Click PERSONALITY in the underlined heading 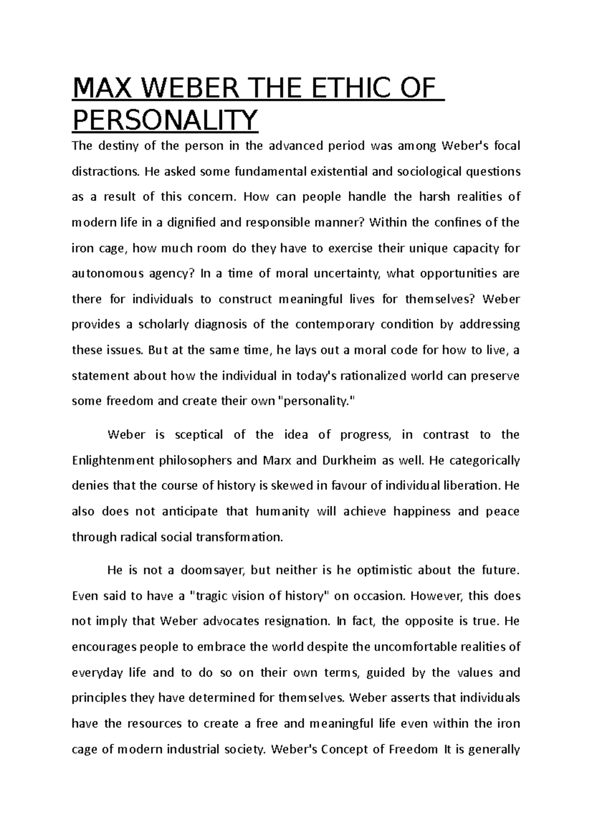click(165, 119)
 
